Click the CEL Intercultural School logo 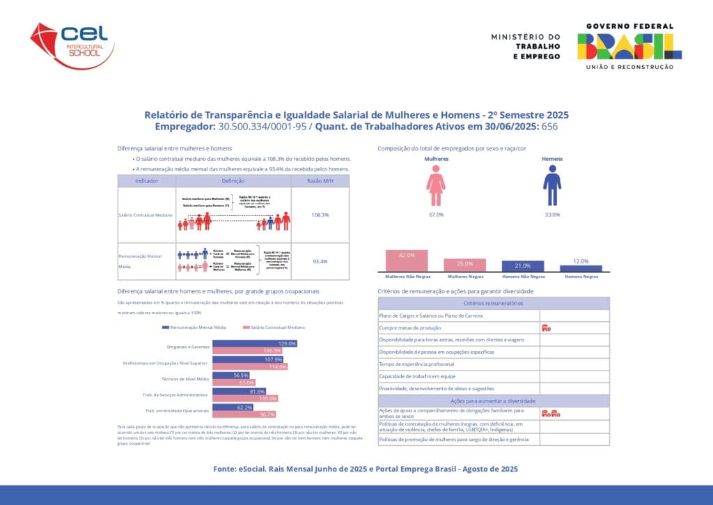point(72,43)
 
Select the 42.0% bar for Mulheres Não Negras point(407,260)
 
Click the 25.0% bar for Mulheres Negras point(465,265)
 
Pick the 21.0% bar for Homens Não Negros point(523,266)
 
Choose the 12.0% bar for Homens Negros point(581,267)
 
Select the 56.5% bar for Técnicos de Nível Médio point(230,375)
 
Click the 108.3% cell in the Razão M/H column point(320,215)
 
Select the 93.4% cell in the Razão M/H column point(320,261)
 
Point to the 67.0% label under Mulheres point(436,215)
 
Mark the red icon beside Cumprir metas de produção point(546,327)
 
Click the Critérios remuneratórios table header point(494,304)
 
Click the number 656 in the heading point(550,127)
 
